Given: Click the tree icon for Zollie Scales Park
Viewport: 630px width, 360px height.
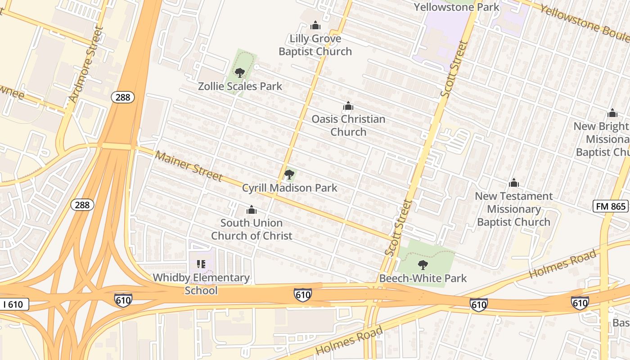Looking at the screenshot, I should coord(240,72).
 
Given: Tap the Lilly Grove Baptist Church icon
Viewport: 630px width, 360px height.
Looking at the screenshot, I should coord(315,25).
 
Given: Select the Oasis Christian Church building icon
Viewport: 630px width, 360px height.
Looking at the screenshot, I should coord(348,106).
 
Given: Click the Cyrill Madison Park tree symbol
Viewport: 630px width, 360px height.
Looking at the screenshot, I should coord(289,175).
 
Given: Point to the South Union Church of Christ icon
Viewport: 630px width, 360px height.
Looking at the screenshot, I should coord(252,210).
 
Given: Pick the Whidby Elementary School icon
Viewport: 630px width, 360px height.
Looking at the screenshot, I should coord(201,264).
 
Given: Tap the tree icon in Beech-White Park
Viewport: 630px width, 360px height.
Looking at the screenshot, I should coord(423,265).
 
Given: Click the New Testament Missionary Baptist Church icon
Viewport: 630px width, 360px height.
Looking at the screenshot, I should coord(513,183).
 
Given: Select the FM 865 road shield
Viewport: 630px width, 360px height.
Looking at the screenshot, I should coord(610,206).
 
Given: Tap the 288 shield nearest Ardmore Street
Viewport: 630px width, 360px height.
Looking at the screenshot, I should coord(123,97).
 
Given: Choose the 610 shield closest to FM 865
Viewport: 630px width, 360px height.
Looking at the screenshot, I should coord(580,303).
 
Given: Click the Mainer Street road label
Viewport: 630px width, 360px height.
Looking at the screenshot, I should coord(189,166).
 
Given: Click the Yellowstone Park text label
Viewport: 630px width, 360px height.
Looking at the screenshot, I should coord(456,7).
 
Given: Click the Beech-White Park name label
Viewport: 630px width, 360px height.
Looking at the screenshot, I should coord(423,278).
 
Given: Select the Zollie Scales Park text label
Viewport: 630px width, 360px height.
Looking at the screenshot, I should coord(240,86).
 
